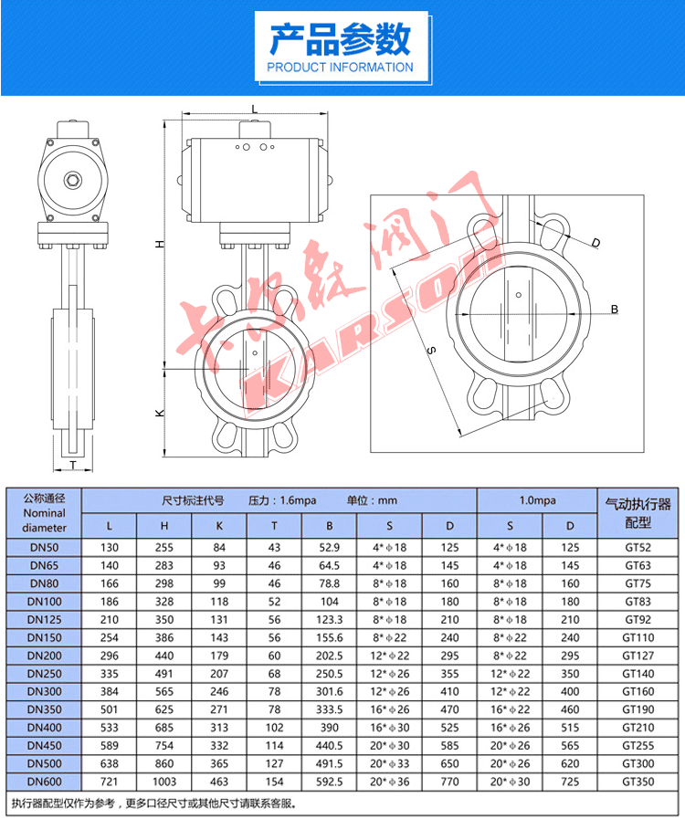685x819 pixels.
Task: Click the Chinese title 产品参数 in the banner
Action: (340, 40)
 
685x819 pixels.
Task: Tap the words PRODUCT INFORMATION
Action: (340, 68)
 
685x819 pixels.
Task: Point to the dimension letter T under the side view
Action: (73, 465)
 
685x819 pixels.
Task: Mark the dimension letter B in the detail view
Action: (614, 310)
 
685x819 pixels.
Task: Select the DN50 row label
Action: (44, 547)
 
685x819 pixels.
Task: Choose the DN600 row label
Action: (44, 782)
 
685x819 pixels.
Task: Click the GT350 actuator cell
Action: (638, 782)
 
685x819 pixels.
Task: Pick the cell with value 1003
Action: (164, 782)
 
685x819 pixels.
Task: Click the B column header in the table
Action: (330, 526)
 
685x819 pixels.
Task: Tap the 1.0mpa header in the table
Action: (537, 500)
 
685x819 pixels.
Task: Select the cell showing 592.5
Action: (330, 782)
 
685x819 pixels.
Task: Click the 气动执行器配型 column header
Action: (638, 513)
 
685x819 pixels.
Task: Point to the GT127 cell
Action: (638, 655)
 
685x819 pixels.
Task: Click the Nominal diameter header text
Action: (44, 520)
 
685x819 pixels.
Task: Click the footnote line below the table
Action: (154, 803)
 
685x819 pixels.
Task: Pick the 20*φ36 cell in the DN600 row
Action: (390, 782)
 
